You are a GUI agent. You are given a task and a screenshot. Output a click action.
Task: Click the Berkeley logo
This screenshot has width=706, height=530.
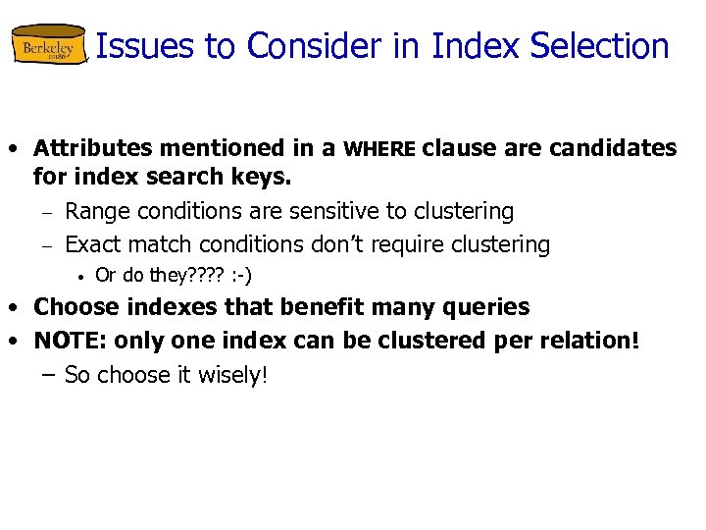click(x=49, y=46)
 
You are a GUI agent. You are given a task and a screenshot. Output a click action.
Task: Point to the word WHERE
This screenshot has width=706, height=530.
click(x=380, y=149)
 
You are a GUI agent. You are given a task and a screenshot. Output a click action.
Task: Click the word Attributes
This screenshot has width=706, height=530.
click(x=92, y=148)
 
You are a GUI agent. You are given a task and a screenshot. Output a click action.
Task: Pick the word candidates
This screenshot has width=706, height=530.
click(x=613, y=148)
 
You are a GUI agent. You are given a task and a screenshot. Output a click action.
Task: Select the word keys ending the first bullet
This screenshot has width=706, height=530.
click(x=267, y=179)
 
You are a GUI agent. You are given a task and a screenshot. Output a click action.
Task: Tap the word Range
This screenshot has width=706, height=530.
click(x=98, y=211)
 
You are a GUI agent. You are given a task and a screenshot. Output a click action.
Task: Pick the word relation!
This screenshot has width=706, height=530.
click(x=588, y=341)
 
